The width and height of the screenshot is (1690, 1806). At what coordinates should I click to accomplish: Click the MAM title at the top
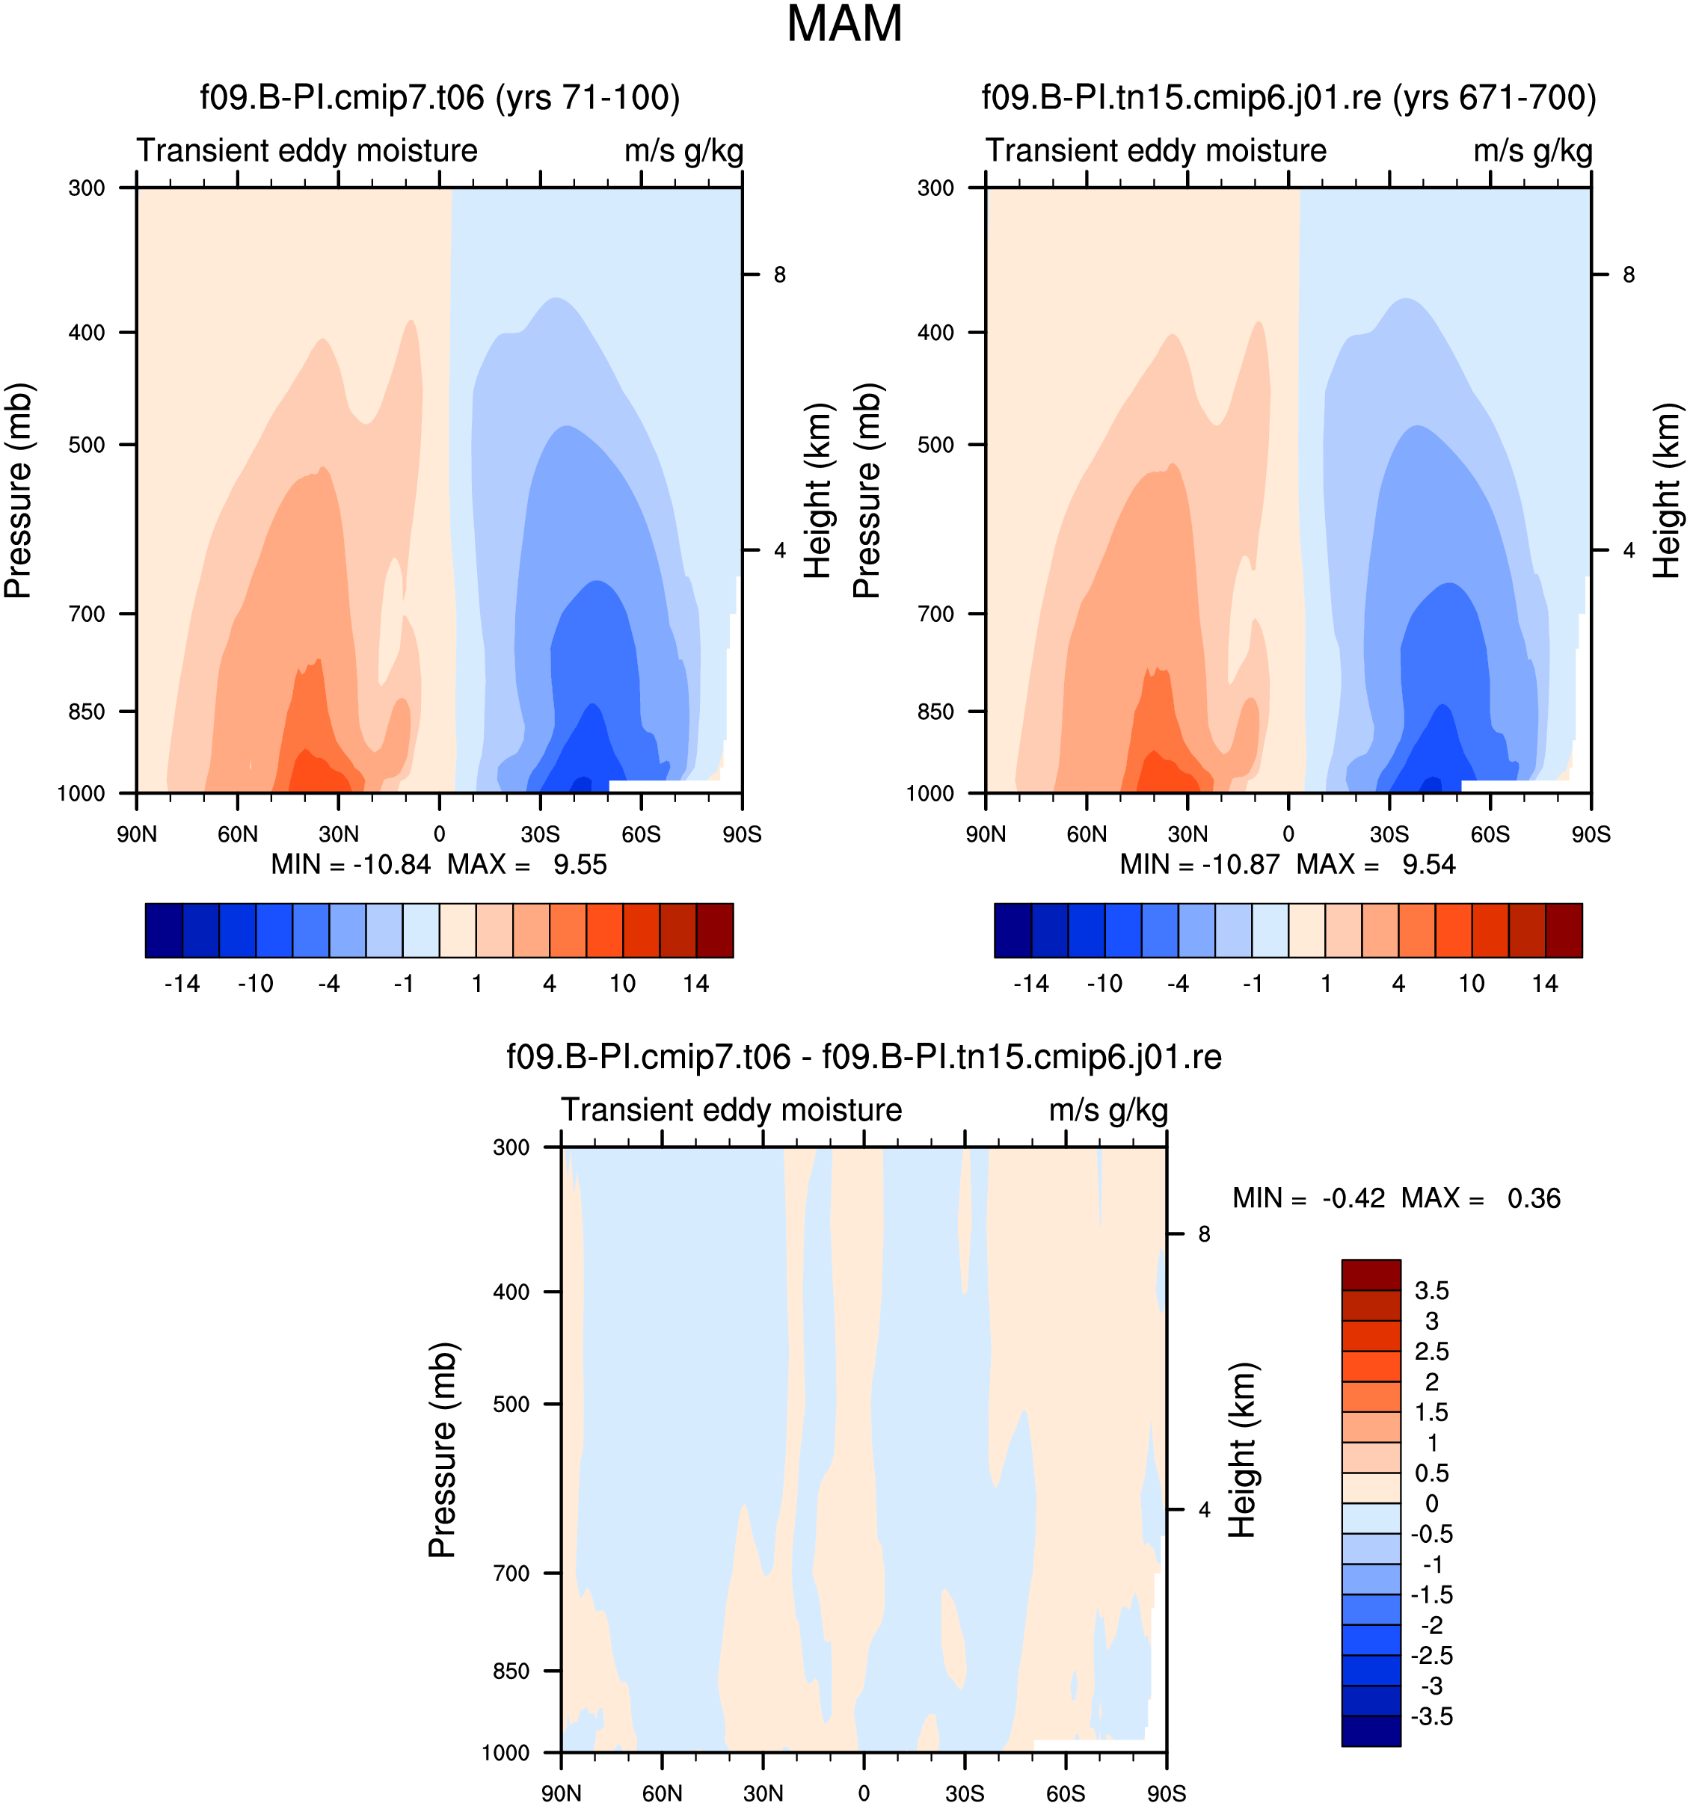point(844,24)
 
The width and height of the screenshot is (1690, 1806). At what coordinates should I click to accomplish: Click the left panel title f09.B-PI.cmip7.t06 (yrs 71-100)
point(440,97)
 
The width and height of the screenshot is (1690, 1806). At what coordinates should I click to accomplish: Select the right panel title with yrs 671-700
point(1288,97)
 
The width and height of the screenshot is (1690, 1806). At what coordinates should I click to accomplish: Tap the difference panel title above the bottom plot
point(863,1056)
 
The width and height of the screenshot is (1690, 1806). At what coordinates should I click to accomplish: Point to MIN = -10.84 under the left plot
point(351,864)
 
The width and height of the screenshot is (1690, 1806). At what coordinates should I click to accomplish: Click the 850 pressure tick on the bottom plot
point(511,1671)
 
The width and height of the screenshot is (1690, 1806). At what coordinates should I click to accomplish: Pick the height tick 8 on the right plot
point(1628,274)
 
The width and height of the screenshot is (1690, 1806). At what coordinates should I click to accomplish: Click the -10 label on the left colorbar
point(255,984)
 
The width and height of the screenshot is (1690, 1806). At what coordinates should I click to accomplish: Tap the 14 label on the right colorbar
point(1545,984)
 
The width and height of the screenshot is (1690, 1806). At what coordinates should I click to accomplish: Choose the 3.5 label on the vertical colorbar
point(1432,1291)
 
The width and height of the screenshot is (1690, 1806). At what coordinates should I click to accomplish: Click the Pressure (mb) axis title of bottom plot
point(443,1450)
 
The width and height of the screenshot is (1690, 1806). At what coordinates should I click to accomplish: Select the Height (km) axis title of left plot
point(818,490)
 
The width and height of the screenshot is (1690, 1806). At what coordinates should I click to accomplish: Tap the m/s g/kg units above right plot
point(1533,151)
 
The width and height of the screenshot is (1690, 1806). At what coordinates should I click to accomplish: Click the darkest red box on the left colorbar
point(714,930)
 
